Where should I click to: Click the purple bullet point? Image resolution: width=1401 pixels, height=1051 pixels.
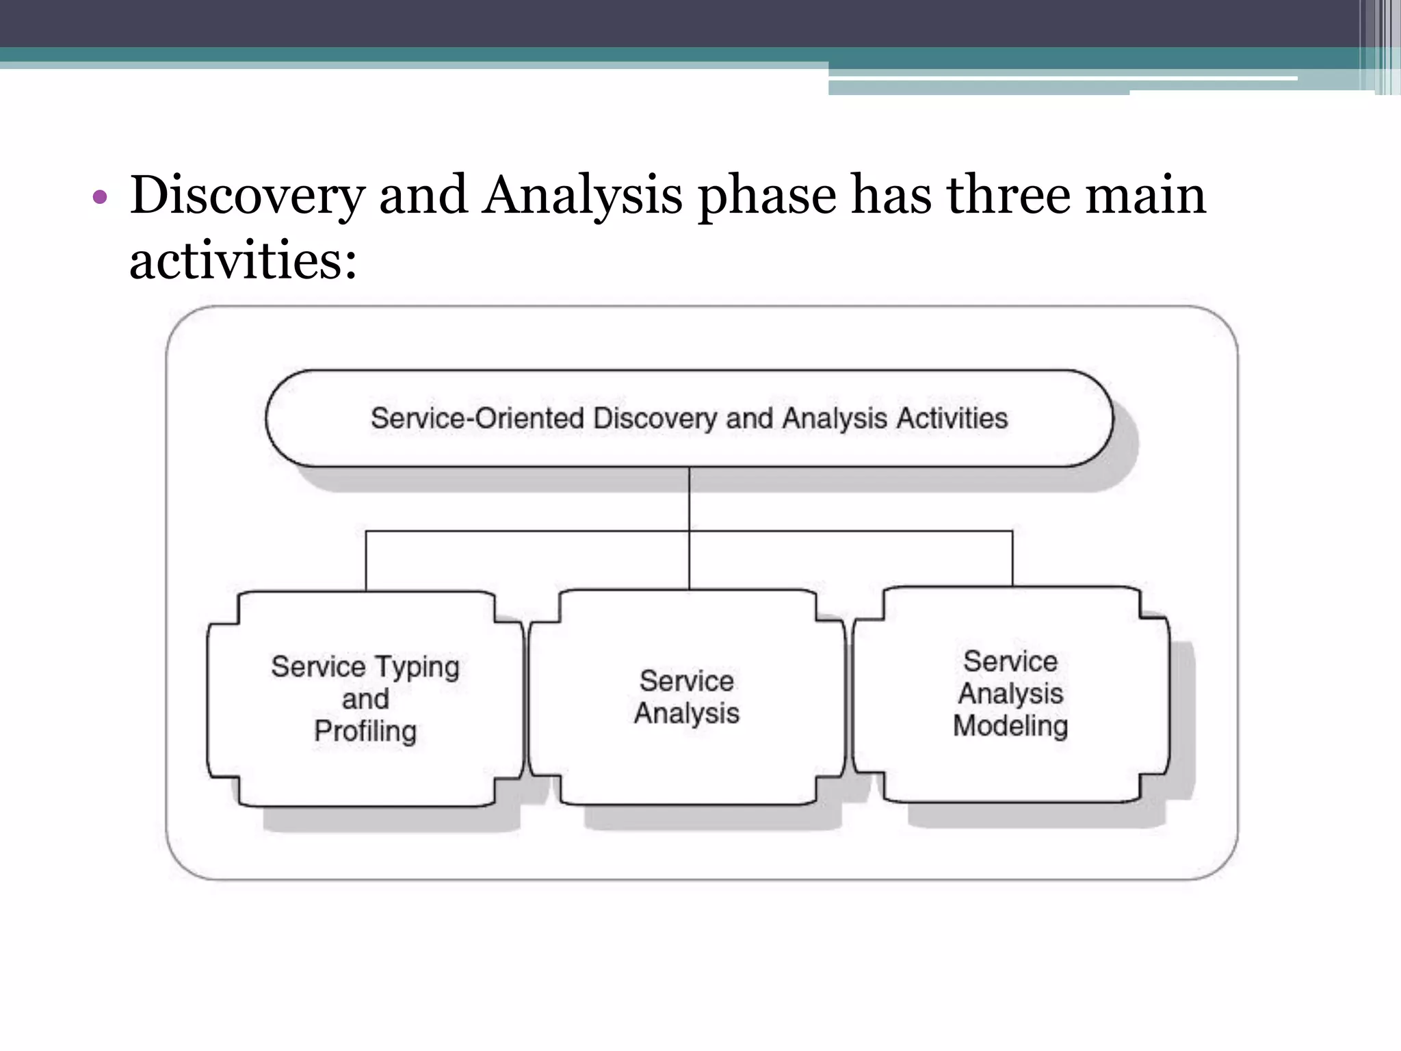tap(100, 198)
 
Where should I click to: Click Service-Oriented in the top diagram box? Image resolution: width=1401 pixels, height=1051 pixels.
tap(477, 418)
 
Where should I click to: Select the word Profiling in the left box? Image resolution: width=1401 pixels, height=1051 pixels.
tap(365, 731)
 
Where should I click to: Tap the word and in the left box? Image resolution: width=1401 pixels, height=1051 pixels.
tap(365, 699)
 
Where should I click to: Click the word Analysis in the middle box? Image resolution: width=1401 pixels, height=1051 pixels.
tap(687, 714)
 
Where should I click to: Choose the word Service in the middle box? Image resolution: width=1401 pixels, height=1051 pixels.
tap(687, 682)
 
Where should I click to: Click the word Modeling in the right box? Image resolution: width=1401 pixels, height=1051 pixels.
tap(1010, 726)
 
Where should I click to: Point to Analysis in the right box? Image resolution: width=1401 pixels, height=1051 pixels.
tap(1010, 694)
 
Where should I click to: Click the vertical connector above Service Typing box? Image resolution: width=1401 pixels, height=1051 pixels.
tap(366, 561)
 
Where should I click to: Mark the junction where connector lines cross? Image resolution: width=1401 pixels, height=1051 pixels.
tap(689, 531)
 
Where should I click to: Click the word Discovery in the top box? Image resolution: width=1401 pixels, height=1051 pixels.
tap(655, 418)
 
